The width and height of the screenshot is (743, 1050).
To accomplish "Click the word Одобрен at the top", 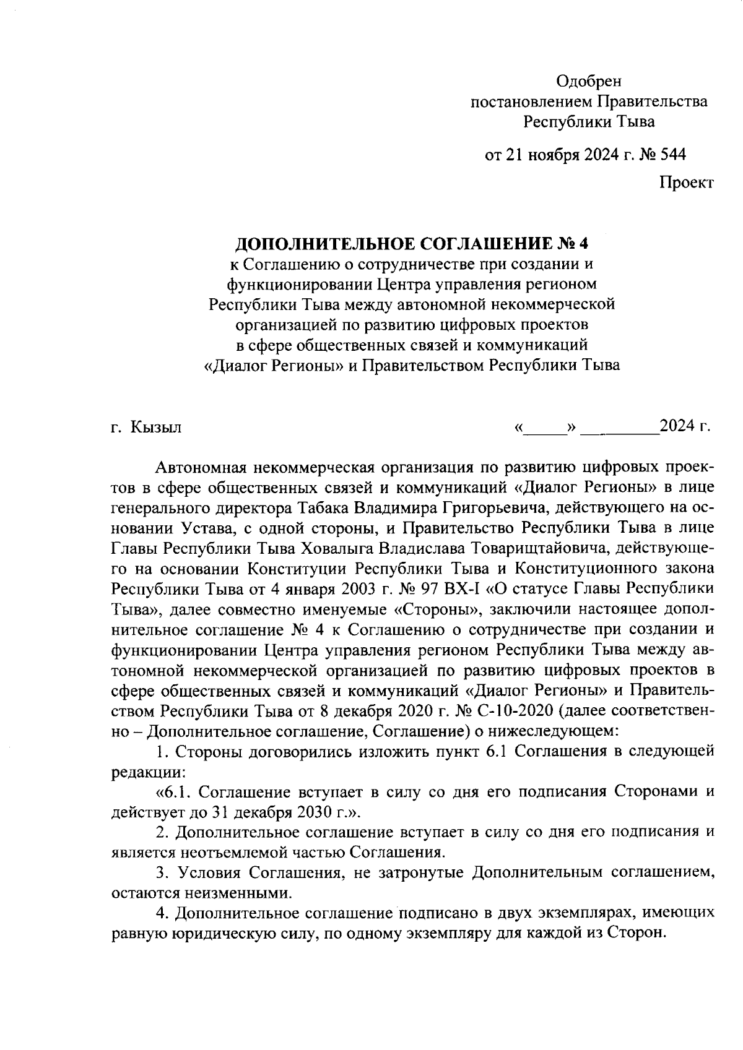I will (x=588, y=81).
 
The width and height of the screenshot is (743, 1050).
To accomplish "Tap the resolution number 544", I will (x=673, y=154).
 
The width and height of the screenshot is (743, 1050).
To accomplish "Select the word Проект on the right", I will (x=686, y=183).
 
